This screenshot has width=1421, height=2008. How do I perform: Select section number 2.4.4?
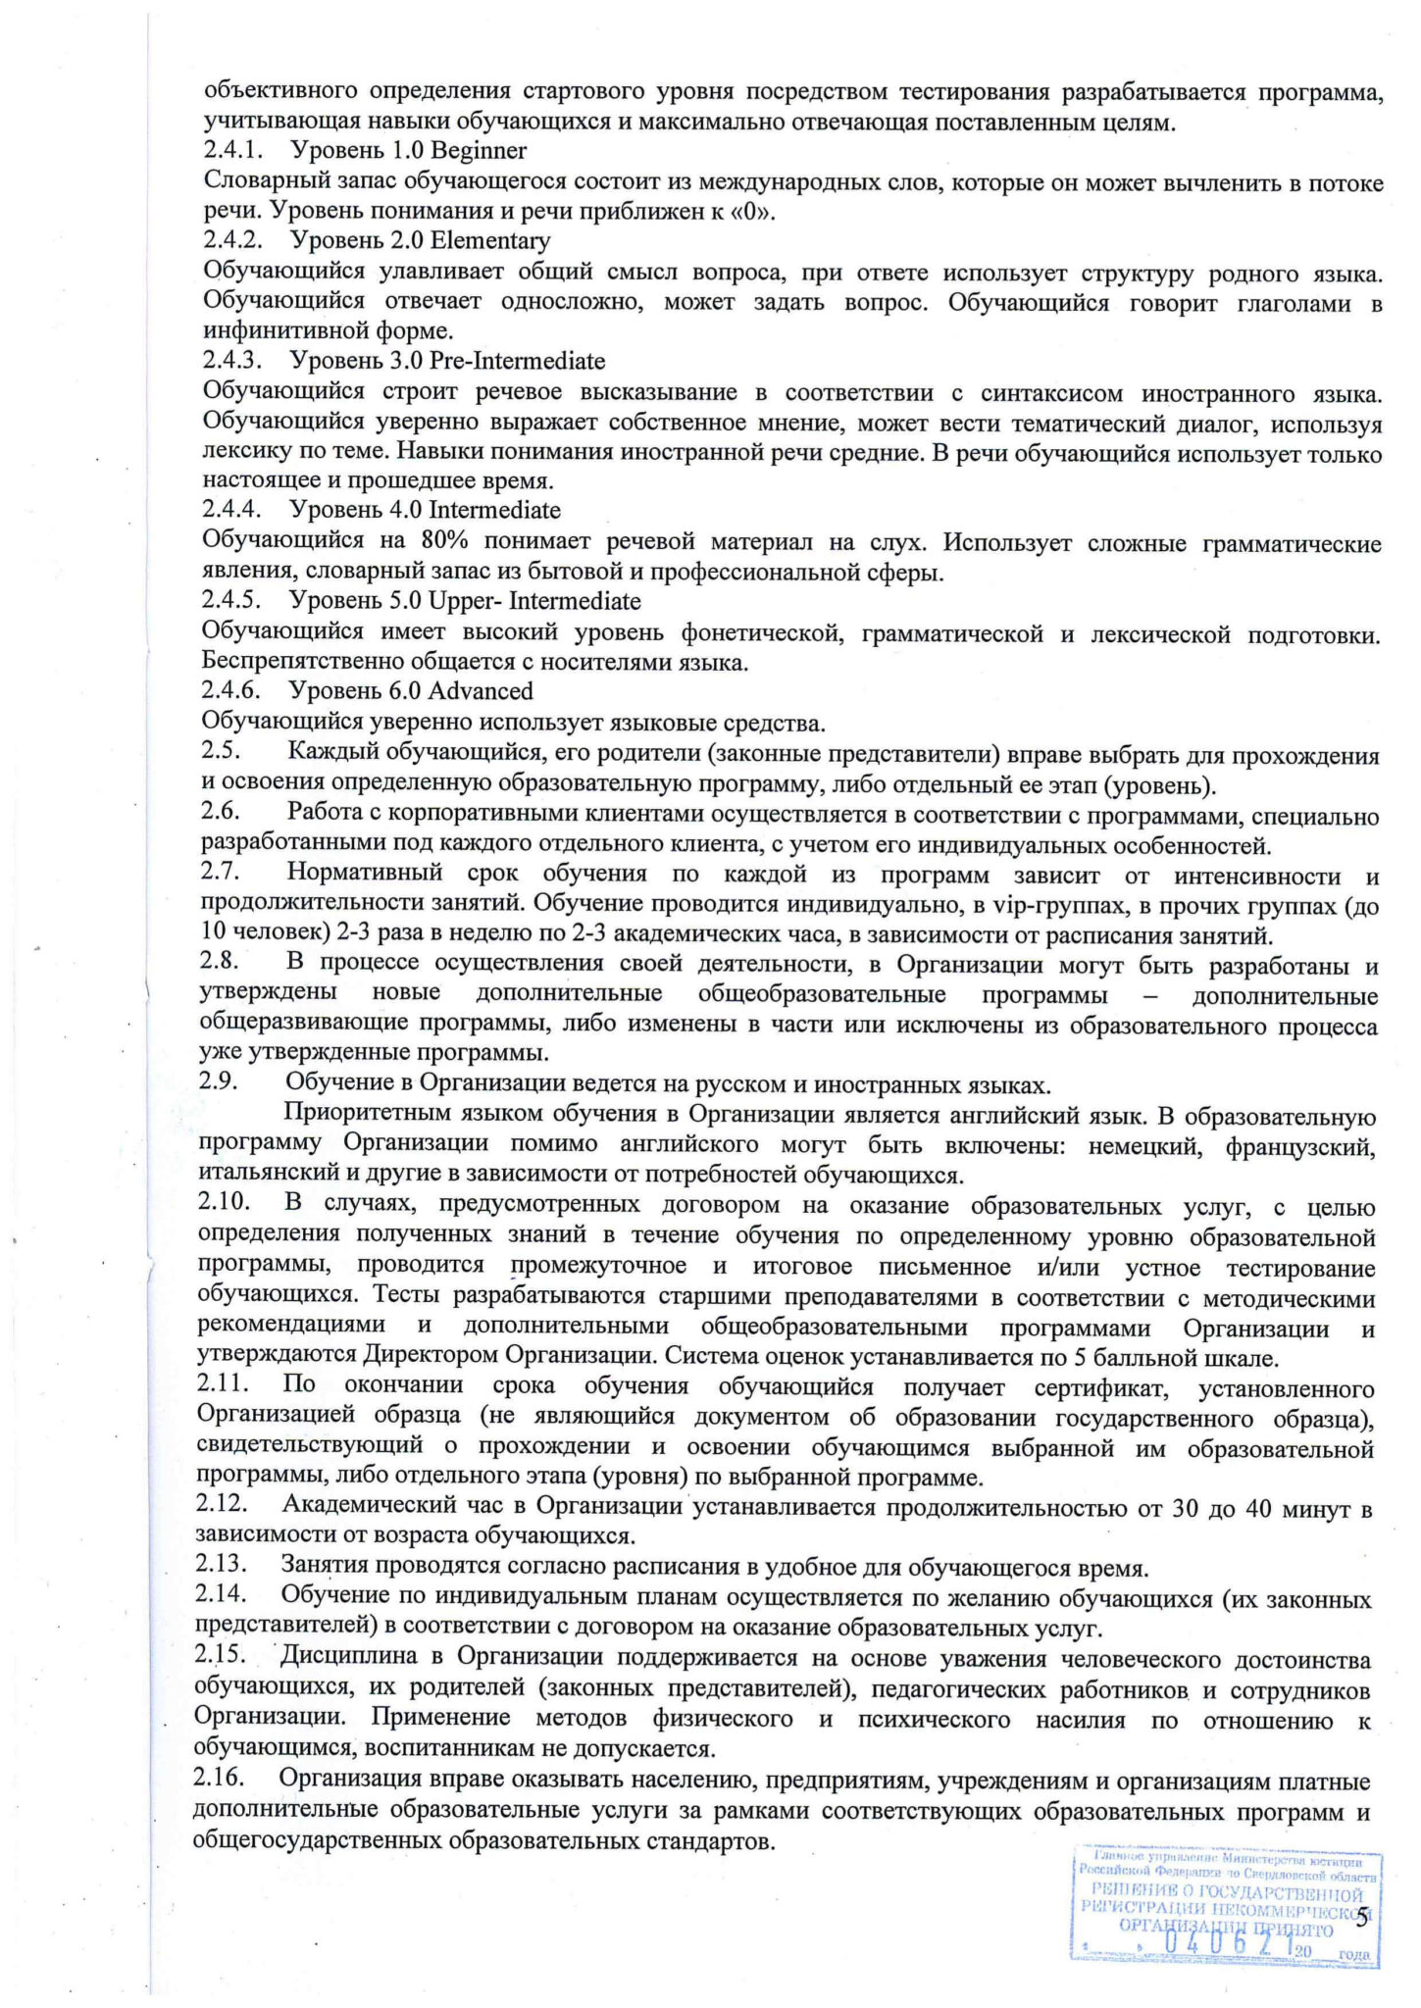(x=230, y=510)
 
